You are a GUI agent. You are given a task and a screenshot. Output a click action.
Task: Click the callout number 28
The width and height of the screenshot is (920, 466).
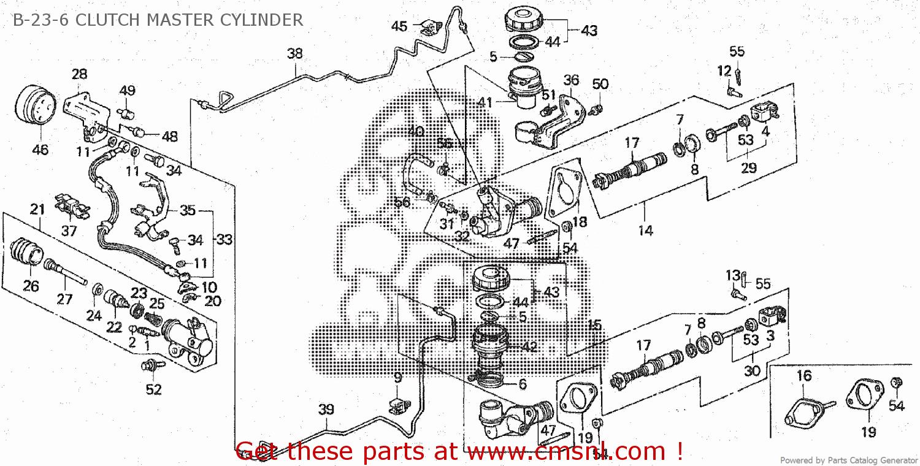coord(79,74)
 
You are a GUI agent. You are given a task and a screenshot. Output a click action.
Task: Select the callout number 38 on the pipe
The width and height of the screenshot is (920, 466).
coord(295,53)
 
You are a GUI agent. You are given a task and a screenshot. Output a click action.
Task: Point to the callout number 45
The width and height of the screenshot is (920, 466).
coord(399,26)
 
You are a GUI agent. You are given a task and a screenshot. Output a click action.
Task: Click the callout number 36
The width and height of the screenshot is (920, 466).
coord(571,80)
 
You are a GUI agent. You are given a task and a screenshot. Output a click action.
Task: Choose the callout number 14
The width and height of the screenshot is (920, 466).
coord(645,231)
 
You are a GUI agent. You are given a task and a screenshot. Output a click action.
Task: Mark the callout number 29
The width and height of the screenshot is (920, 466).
coord(748,167)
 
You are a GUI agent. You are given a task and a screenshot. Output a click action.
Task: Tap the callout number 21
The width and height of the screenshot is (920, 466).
coord(38,210)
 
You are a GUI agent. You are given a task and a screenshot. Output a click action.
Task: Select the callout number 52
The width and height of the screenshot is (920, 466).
coord(153,389)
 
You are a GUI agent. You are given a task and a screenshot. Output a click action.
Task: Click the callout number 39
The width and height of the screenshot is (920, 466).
coord(326,409)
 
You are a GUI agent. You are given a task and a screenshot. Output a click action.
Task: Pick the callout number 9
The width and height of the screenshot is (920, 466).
coord(398,377)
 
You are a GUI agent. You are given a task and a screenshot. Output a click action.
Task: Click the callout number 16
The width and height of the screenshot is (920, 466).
coord(804,375)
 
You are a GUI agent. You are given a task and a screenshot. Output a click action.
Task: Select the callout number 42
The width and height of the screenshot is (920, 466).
coord(529,346)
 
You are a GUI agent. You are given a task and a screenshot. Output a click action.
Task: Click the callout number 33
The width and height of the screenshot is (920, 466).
coord(224,240)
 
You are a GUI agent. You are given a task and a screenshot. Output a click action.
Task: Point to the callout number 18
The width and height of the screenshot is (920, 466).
coord(580,222)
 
